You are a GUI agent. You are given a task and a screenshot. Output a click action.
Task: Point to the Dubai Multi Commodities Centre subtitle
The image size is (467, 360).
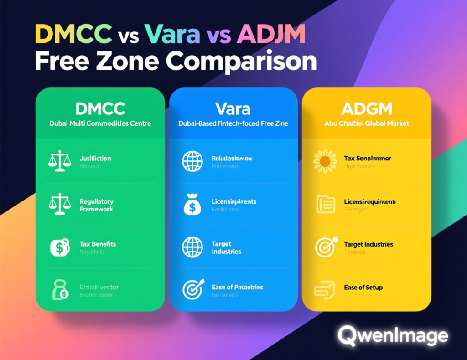tap(100, 123)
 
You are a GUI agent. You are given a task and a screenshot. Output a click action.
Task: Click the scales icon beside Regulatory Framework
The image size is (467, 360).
tap(60, 204)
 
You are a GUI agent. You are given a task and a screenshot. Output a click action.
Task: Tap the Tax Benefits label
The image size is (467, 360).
tap(98, 244)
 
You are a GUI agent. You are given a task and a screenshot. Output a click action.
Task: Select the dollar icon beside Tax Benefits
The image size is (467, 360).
tap(60, 247)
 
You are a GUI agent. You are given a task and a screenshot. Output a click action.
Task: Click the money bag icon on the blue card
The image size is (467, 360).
tap(191, 205)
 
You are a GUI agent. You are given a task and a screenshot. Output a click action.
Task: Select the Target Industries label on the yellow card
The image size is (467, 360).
tap(368, 244)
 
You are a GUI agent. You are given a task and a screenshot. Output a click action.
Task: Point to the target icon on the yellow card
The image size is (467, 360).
tap(325, 247)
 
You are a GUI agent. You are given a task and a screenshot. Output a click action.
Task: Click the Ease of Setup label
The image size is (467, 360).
tap(363, 288)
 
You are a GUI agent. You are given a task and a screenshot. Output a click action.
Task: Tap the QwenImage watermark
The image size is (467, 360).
tap(393, 336)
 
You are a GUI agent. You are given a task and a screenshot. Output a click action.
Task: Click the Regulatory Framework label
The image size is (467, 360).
tap(96, 205)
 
